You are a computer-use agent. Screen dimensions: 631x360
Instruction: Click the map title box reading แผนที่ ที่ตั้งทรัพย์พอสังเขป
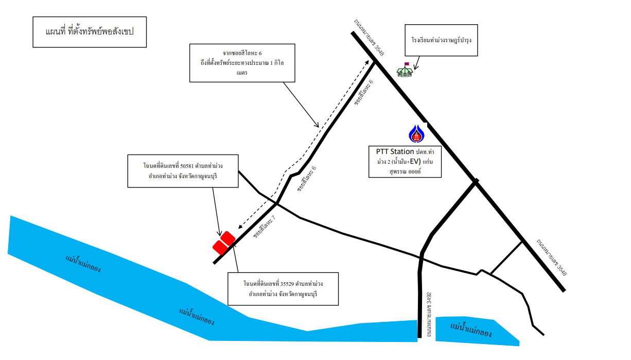click(90, 32)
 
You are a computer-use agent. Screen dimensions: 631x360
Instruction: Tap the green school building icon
click(405, 72)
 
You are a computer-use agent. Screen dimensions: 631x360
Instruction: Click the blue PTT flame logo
click(416, 133)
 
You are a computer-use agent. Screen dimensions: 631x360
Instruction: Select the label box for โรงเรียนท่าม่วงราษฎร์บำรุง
click(441, 40)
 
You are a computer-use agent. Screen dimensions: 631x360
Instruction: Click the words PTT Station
click(395, 151)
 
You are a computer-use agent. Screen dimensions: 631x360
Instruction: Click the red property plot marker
click(224, 243)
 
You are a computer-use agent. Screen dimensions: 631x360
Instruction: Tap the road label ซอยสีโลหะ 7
click(264, 227)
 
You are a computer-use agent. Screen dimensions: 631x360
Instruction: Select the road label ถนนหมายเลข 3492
click(429, 314)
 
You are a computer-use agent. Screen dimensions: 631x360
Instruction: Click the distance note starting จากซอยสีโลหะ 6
click(242, 63)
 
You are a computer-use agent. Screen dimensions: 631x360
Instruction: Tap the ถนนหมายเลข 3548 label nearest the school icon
click(369, 38)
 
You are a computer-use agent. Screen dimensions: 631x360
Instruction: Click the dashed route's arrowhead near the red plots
click(240, 227)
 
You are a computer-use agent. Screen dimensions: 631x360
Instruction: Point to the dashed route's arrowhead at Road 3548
click(367, 62)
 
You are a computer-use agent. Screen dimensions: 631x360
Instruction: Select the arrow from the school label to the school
click(416, 63)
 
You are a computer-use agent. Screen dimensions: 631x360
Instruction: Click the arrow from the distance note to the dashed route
click(301, 105)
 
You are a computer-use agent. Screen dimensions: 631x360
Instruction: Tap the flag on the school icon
click(407, 64)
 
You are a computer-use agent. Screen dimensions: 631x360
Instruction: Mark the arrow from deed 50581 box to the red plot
click(216, 212)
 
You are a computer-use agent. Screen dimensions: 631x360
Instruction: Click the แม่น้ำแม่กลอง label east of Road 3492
click(471, 330)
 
